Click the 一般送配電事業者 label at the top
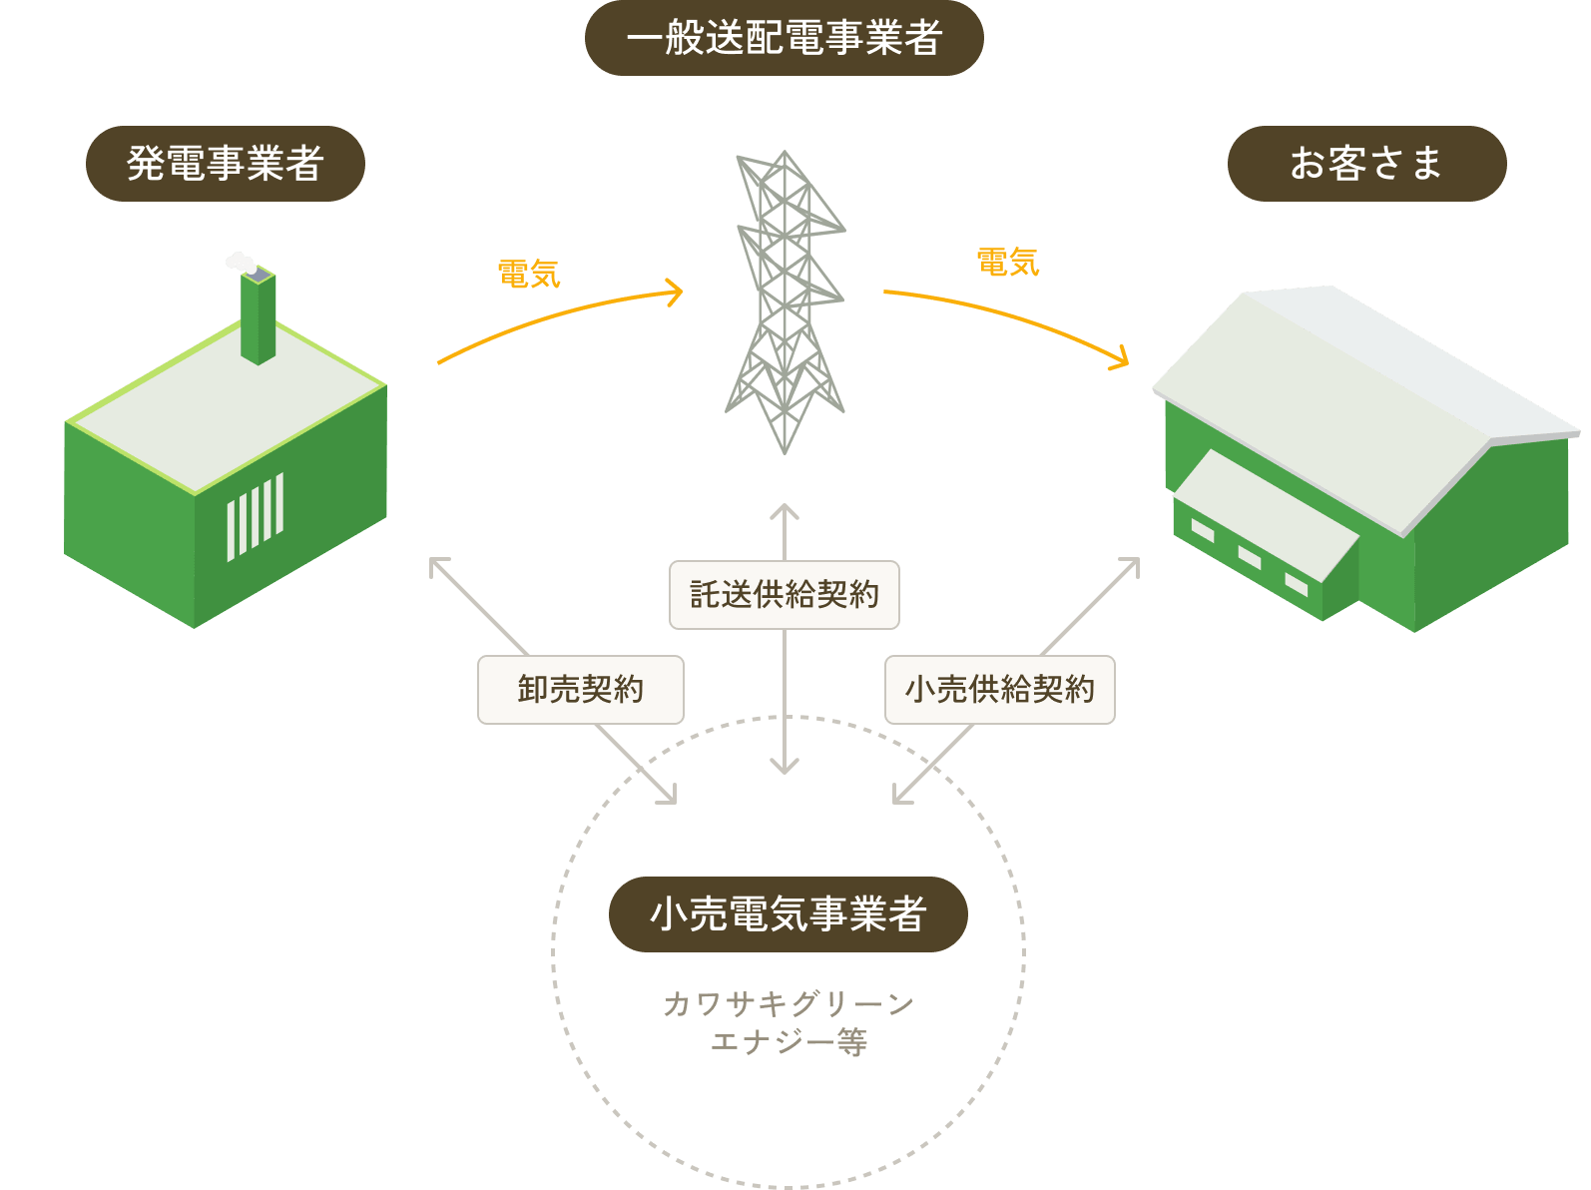coord(785,38)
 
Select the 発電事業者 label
coord(225,164)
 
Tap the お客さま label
coord(1366,164)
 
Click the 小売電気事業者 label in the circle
coord(788,914)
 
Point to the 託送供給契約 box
coord(785,595)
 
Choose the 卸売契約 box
coord(581,690)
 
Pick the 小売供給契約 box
coord(1000,690)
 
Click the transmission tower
coord(786,299)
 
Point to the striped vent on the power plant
coord(255,517)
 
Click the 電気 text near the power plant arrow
coord(529,274)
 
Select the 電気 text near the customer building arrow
coord(1008,263)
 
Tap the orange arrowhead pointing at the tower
coord(676,293)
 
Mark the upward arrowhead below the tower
coord(785,511)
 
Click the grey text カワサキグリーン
coord(789,1004)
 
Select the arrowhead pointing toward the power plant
coord(436,565)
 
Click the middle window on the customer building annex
coord(1250,556)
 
